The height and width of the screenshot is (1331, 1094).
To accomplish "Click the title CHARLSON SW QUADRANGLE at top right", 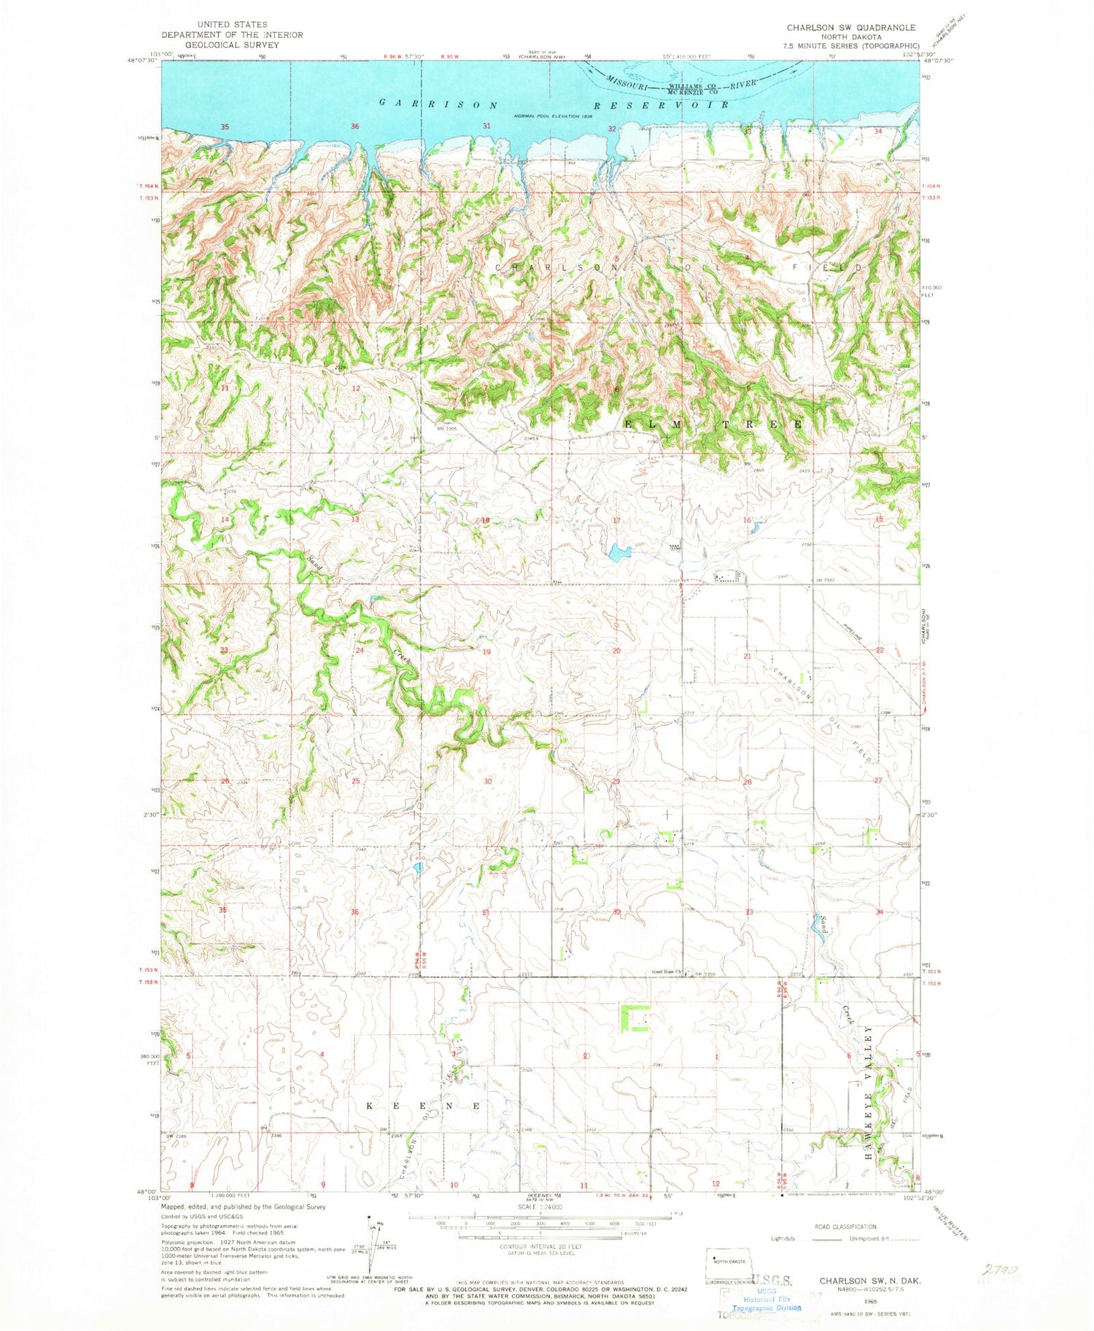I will click(840, 28).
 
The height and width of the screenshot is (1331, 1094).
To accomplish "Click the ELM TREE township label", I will click(713, 424).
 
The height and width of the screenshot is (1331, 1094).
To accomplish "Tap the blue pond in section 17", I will click(619, 552).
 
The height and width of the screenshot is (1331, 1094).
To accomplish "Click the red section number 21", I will click(747, 656).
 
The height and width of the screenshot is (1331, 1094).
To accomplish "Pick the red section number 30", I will click(487, 780).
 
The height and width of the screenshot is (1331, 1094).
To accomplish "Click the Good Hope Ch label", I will click(665, 972).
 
